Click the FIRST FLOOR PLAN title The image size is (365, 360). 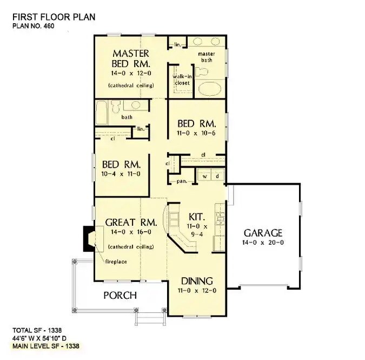tap(53, 16)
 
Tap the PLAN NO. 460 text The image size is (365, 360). tap(34, 26)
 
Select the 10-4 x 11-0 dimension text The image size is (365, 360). tap(121, 174)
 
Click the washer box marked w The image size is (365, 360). tap(205, 176)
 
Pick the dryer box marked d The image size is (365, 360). tap(217, 176)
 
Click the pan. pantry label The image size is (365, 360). tap(181, 181)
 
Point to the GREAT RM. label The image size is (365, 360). tap(131, 222)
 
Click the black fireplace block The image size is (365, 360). tap(87, 238)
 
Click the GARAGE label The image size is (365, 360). tap(262, 233)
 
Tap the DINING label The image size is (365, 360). tap(197, 282)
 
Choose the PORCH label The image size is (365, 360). tap(120, 296)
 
